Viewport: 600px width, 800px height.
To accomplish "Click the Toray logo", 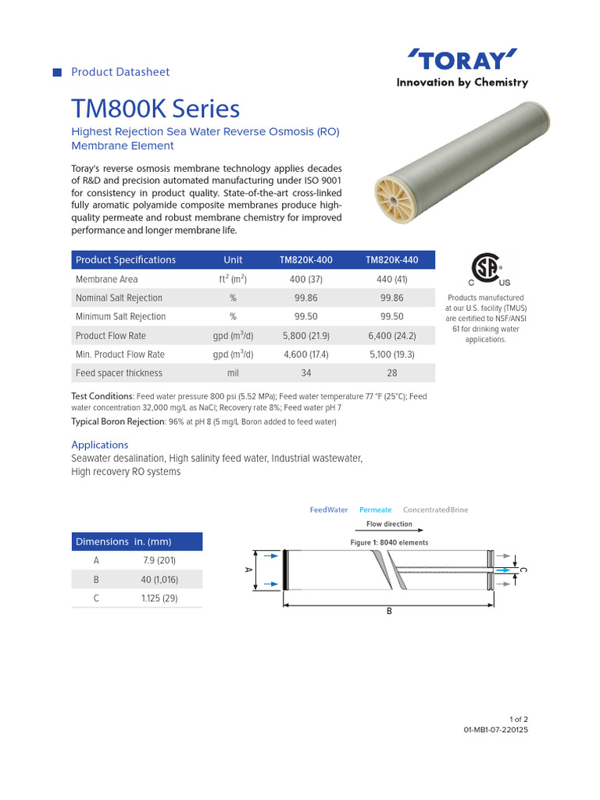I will [462, 59].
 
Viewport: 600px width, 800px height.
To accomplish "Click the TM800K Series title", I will [155, 109].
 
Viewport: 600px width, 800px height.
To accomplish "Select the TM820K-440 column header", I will [391, 260].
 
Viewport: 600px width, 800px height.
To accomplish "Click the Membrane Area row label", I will [106, 279].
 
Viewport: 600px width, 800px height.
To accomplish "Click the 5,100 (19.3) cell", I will [391, 355].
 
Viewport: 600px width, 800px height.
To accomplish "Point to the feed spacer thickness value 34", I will [305, 373].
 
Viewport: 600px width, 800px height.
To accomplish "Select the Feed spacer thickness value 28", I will [391, 373].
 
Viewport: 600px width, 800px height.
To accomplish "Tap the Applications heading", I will [100, 445].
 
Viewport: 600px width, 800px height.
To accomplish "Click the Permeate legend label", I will [375, 509].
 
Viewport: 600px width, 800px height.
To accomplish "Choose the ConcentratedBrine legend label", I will [435, 509].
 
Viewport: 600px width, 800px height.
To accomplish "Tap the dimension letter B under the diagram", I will [389, 612].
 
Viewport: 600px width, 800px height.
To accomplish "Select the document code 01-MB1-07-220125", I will [496, 730].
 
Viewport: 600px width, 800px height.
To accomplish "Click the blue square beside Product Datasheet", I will [57, 73].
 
